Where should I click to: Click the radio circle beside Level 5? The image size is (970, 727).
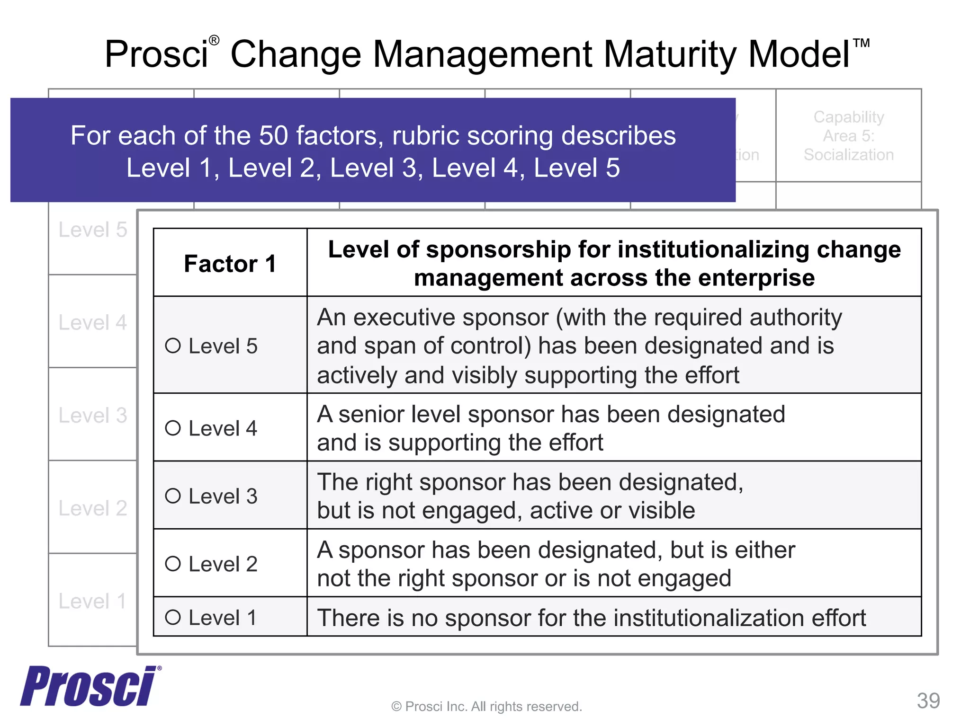(x=173, y=346)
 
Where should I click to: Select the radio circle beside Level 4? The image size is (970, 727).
(x=173, y=428)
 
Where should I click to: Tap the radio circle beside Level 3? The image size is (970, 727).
(x=173, y=496)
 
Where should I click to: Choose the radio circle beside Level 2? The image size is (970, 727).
(x=173, y=563)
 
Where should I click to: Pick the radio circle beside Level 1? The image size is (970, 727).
(x=173, y=617)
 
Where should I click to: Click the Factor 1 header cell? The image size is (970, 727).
(x=230, y=264)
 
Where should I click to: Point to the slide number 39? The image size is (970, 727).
(x=928, y=700)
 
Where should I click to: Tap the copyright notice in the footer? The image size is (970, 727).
(x=486, y=706)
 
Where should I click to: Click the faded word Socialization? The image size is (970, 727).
(x=848, y=155)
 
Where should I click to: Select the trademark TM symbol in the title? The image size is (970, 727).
(x=861, y=44)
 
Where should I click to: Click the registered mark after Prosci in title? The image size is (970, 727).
(x=214, y=41)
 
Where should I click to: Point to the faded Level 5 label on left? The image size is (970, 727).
(x=93, y=230)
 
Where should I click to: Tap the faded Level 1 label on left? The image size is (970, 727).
(x=93, y=601)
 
